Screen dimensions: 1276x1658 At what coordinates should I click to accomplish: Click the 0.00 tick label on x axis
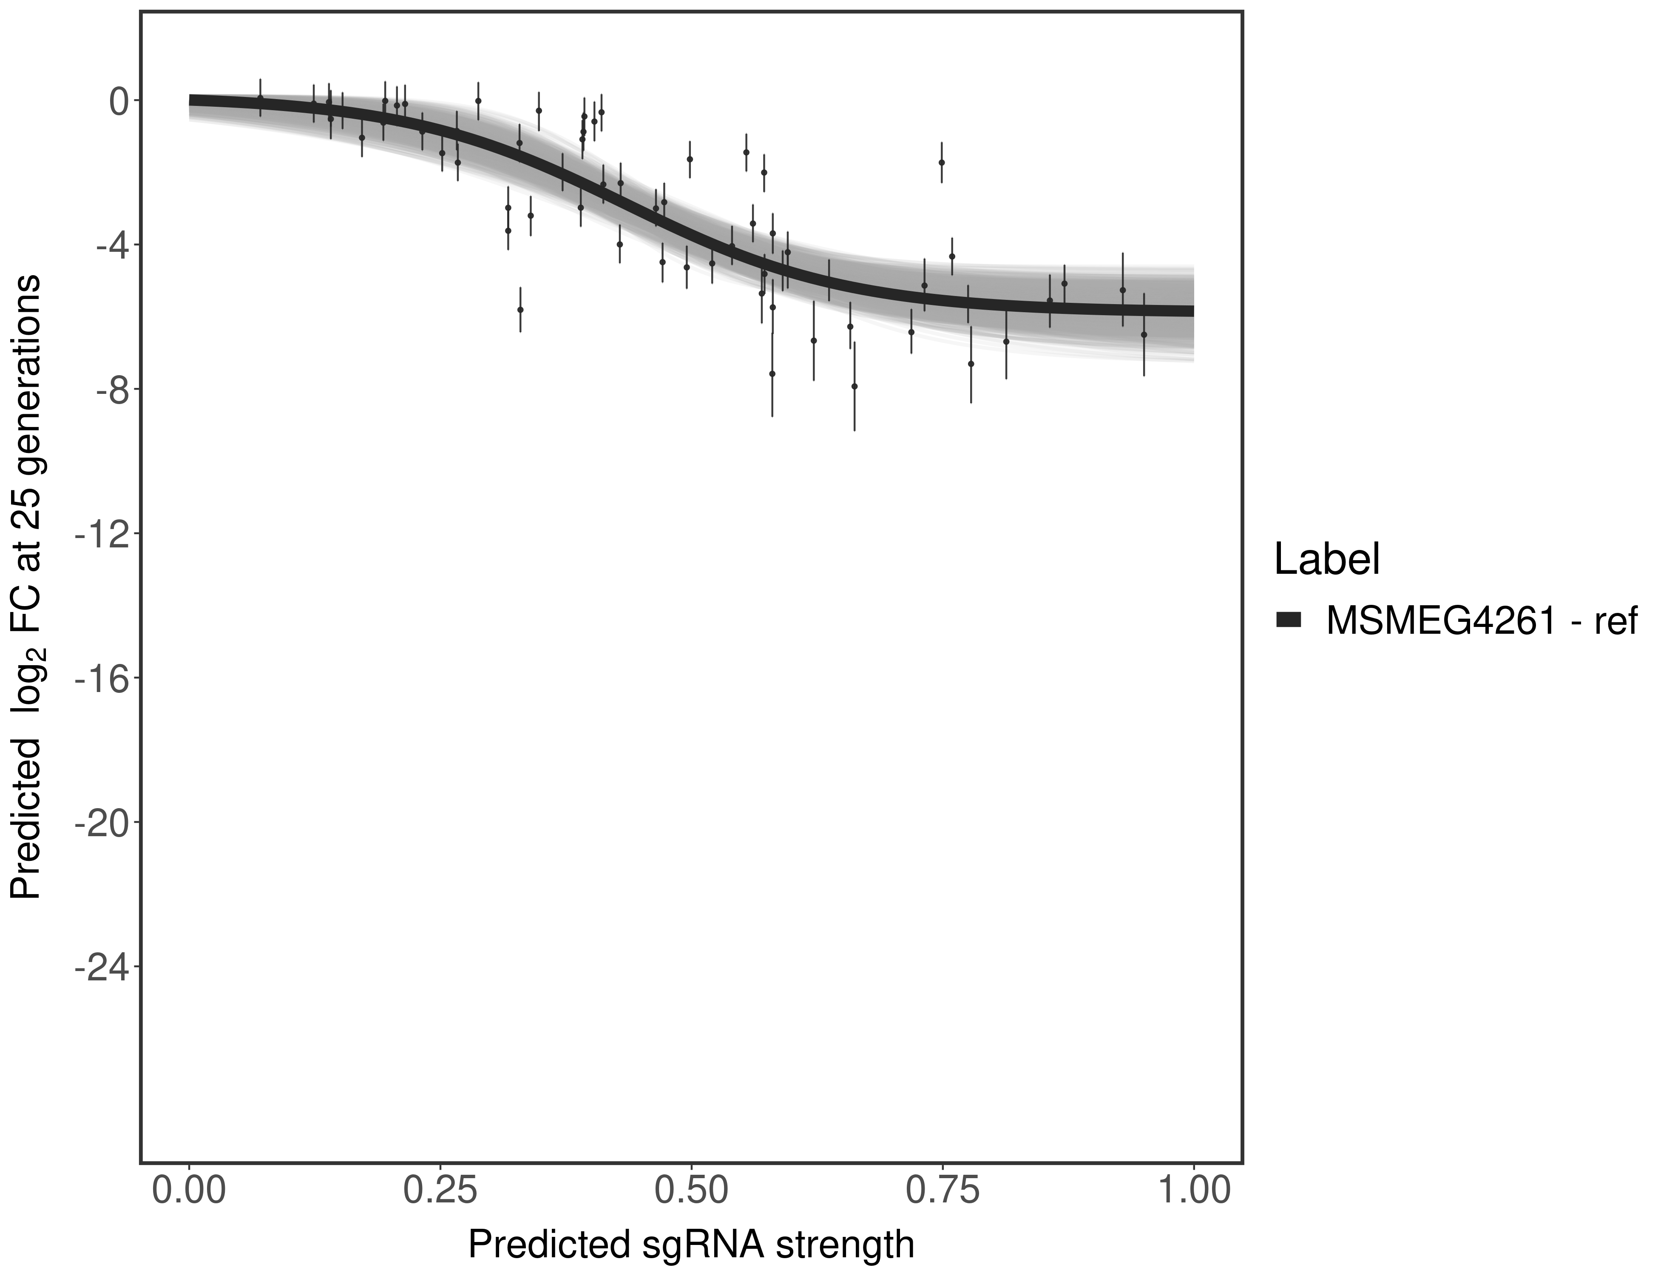pos(189,1190)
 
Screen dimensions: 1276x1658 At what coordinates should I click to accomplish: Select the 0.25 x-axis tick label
pos(440,1190)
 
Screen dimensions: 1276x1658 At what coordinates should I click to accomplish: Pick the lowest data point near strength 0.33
pos(520,309)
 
